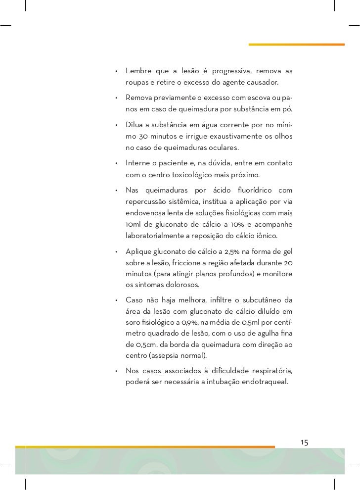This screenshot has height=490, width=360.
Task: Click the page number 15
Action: pos(304,442)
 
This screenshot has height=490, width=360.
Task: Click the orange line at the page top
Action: pos(296,45)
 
